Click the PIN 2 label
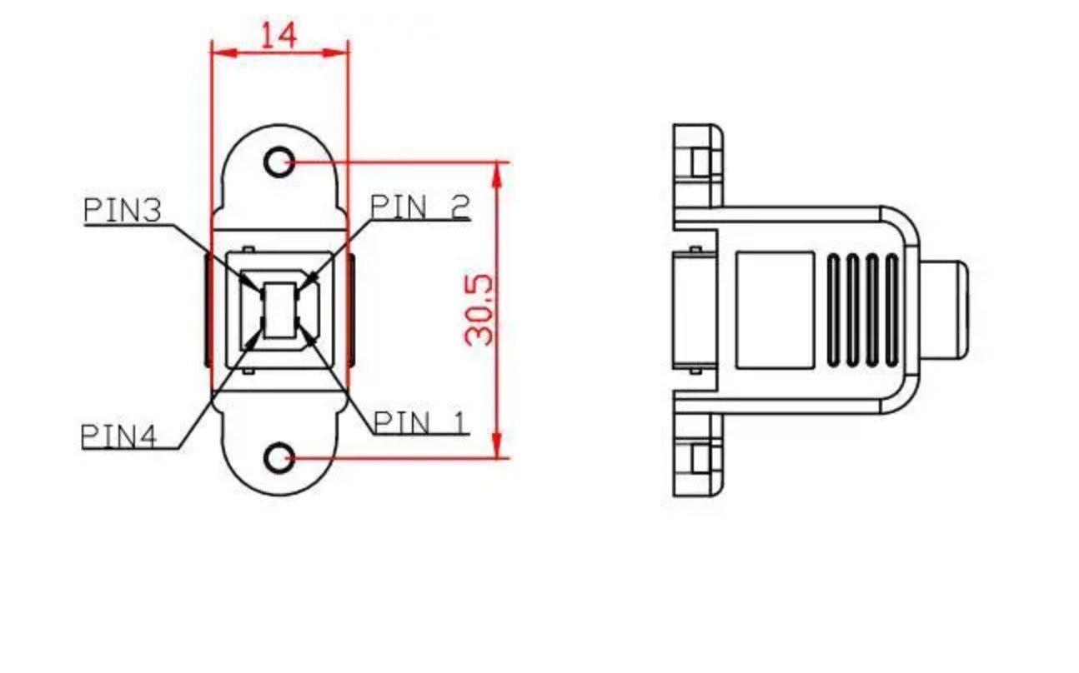point(420,207)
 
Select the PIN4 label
point(119,436)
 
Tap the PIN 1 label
point(420,422)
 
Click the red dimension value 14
point(279,36)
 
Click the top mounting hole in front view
point(279,162)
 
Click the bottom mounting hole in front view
point(279,457)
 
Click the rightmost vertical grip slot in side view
point(891,310)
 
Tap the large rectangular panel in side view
point(775,310)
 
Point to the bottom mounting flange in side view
point(697,456)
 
